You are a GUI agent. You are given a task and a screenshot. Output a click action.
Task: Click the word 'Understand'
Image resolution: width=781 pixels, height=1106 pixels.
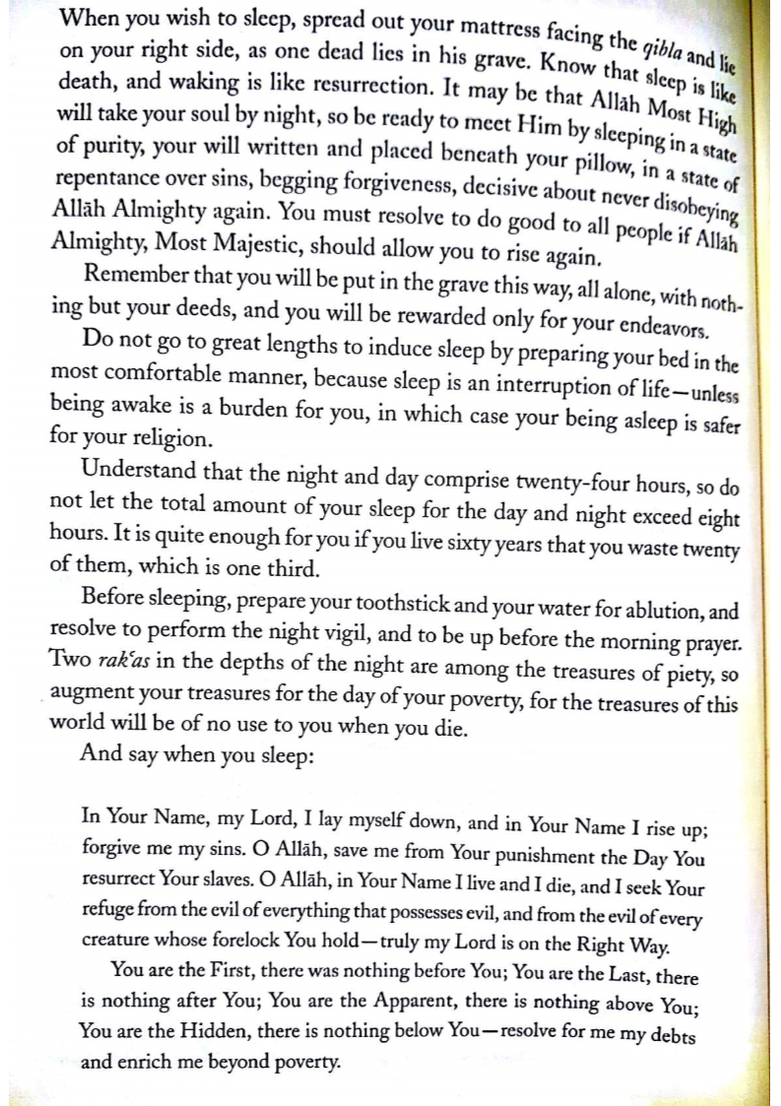[x=145, y=458]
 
